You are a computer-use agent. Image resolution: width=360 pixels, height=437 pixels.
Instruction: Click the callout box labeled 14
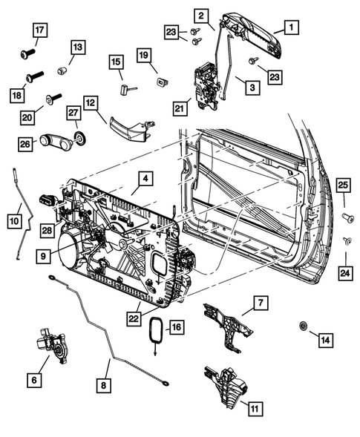(x=325, y=340)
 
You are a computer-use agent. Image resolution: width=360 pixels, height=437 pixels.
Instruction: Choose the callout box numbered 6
(x=33, y=379)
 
